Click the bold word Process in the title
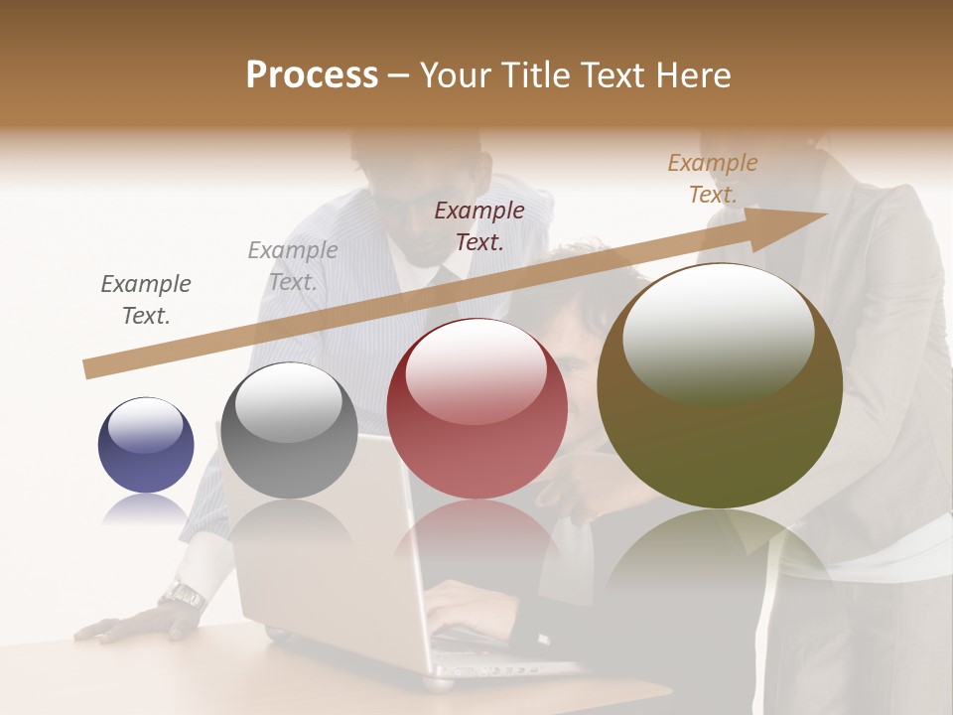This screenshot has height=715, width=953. [312, 74]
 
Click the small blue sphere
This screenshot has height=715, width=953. [146, 445]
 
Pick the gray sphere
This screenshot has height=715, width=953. [289, 430]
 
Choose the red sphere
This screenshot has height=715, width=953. [476, 408]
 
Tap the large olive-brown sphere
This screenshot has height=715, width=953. [720, 385]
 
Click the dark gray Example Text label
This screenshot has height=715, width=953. [146, 300]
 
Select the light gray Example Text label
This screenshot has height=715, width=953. [293, 265]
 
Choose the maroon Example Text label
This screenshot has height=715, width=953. [479, 225]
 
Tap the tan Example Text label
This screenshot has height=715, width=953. [713, 179]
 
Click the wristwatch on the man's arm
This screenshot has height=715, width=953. [184, 595]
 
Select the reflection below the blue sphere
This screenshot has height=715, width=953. [146, 509]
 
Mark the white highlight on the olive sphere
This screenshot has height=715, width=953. [718, 328]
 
